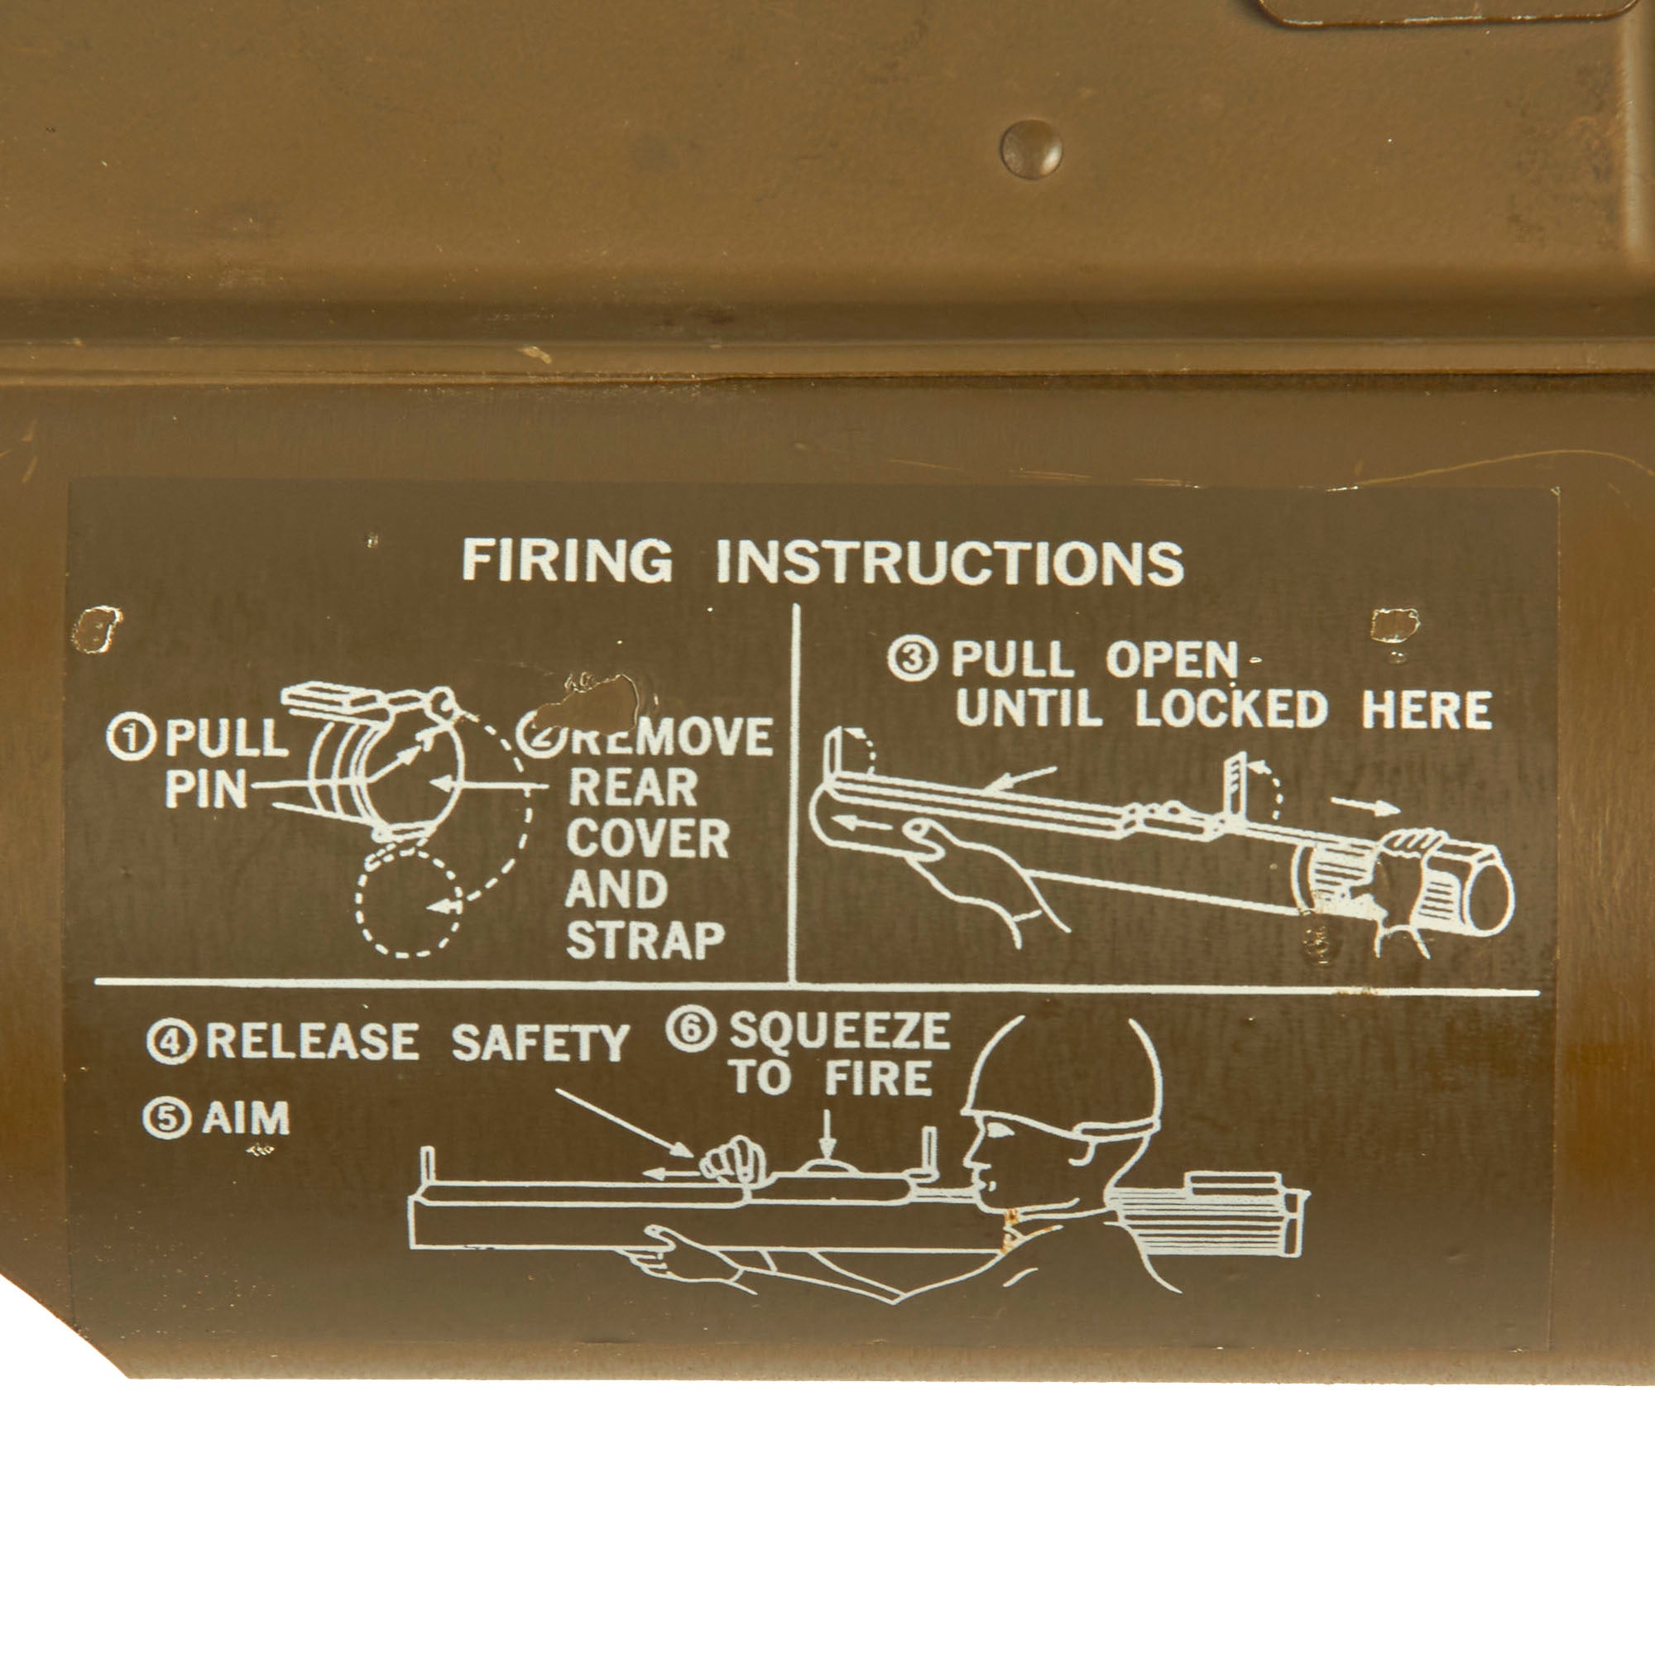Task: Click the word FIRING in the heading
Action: [567, 561]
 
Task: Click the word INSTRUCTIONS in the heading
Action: [950, 563]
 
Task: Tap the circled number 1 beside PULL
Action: [131, 738]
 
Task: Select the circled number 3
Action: [911, 660]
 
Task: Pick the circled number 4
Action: [171, 1042]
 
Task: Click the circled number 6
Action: [690, 1030]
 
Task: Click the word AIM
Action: [246, 1118]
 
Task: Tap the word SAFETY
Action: [540, 1043]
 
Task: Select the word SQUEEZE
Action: [839, 1031]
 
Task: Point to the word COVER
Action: [648, 838]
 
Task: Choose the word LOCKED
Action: [1232, 709]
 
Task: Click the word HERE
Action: [1427, 709]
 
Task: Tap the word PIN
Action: [205, 789]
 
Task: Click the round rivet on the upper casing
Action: [1031, 149]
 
